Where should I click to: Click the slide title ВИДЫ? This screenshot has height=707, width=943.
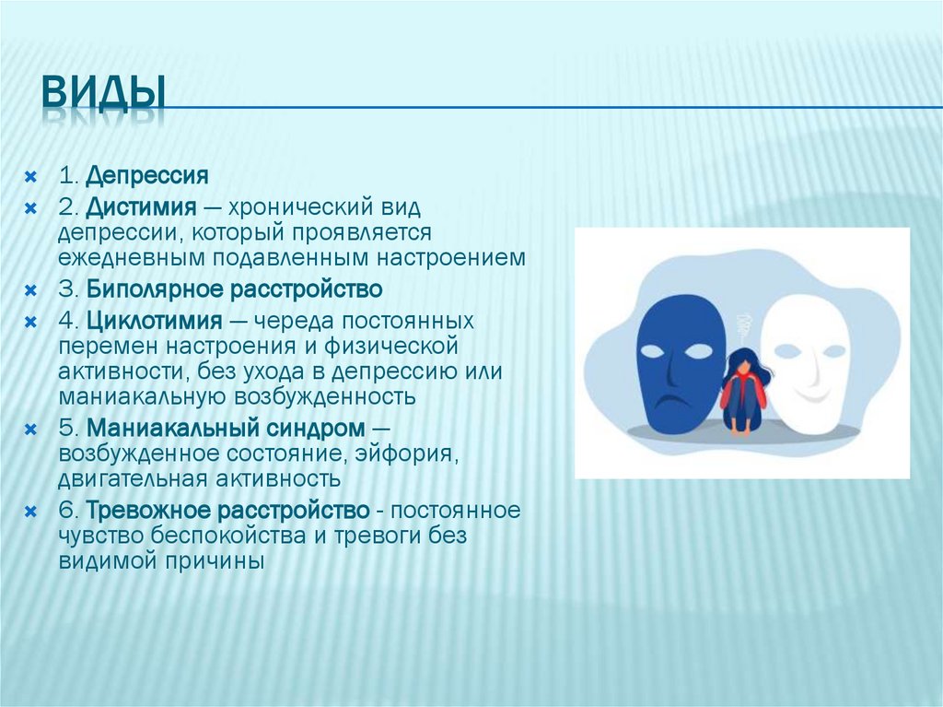[x=102, y=94]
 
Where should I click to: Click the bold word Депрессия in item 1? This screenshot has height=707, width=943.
[x=147, y=175]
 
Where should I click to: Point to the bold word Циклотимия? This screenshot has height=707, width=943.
[x=155, y=321]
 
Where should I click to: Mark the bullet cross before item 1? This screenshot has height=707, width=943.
[x=30, y=176]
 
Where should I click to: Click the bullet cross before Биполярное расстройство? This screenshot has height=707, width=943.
[x=30, y=290]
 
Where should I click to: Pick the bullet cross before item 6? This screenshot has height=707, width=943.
[x=30, y=512]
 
